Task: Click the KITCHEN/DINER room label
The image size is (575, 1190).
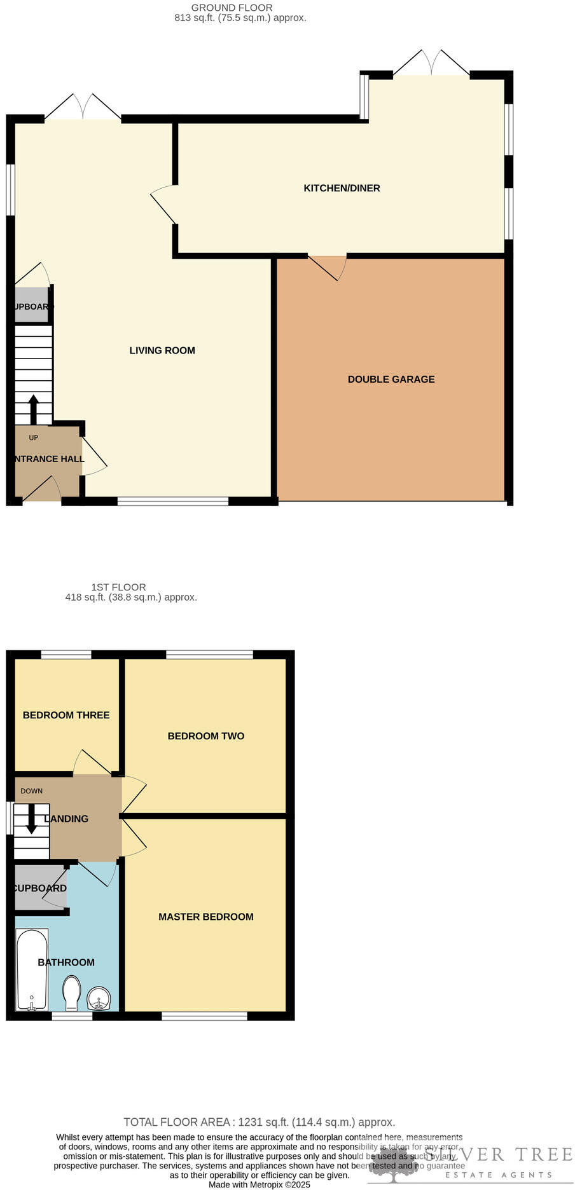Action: pyautogui.click(x=342, y=188)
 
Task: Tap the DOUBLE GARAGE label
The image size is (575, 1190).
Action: pyautogui.click(x=391, y=380)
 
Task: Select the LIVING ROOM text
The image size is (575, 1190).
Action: pyautogui.click(x=162, y=350)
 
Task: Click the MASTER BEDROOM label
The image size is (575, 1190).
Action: pyautogui.click(x=205, y=917)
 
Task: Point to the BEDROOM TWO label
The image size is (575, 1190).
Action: pyautogui.click(x=205, y=736)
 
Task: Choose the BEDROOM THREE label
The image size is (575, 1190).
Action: pyautogui.click(x=66, y=715)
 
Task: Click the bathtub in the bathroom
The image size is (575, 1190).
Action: pyautogui.click(x=31, y=970)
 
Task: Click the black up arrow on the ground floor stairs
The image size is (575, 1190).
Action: pyautogui.click(x=33, y=409)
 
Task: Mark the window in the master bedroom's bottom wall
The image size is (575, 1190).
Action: pyautogui.click(x=204, y=1016)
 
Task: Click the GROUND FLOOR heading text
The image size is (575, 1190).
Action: pyautogui.click(x=232, y=8)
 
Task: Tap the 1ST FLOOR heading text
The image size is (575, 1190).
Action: pyautogui.click(x=118, y=587)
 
